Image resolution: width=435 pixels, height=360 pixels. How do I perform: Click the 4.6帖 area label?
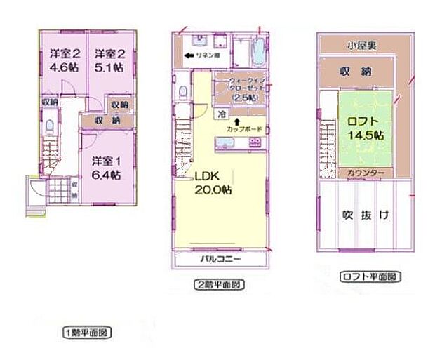(x=66, y=69)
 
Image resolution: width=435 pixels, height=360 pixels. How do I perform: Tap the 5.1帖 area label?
(x=110, y=69)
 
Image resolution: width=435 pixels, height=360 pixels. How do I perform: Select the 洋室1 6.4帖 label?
(x=107, y=166)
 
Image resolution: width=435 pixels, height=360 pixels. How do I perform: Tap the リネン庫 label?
(x=210, y=55)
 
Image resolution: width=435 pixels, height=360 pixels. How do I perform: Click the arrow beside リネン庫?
(x=189, y=55)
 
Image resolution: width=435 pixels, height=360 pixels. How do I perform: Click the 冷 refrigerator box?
(x=222, y=114)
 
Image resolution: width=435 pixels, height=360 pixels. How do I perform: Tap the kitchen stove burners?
(x=255, y=142)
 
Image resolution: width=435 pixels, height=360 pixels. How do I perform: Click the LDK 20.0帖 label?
(x=214, y=183)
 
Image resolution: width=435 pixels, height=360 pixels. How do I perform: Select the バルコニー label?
(x=220, y=260)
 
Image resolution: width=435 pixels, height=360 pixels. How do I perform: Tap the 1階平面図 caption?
(x=86, y=332)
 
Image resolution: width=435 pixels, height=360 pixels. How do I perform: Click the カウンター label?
(x=363, y=173)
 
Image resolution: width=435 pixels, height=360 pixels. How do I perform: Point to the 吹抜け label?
(x=366, y=214)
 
